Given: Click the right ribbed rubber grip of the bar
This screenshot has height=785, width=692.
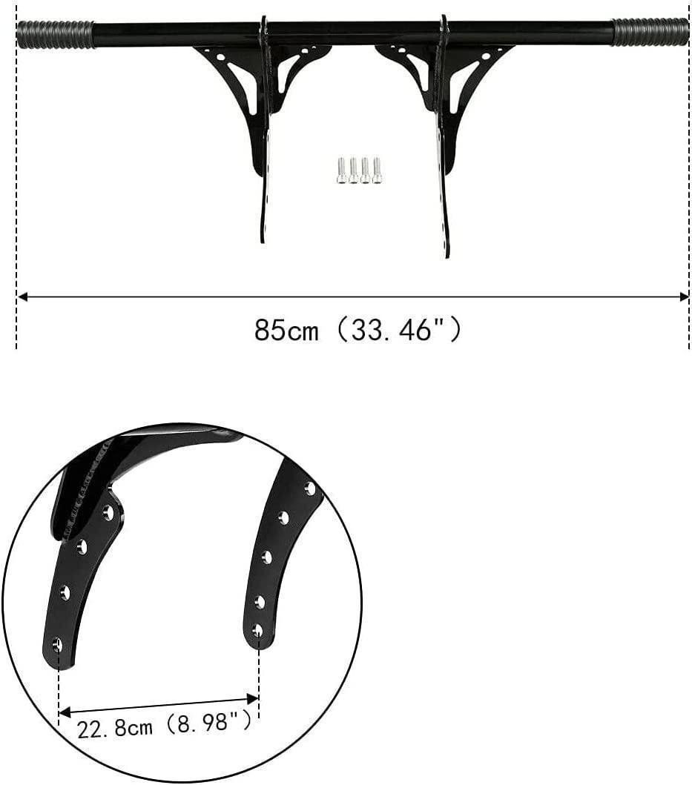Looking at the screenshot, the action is point(650,32).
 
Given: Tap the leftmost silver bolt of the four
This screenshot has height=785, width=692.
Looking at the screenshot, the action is point(341,170).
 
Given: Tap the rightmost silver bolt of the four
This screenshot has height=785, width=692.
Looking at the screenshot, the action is point(378,170).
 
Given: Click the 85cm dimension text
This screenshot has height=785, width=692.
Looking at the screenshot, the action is point(286,331).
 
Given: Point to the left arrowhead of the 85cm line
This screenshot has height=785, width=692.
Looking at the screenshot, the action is point(22,297).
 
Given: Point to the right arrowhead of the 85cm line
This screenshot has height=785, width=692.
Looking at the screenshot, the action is point(684,297).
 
